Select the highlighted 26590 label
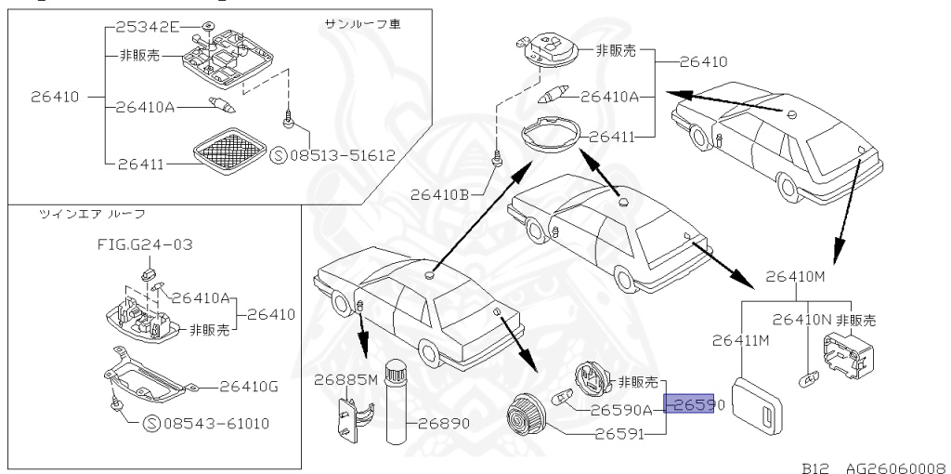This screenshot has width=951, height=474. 689,403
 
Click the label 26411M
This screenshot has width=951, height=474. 741,339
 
